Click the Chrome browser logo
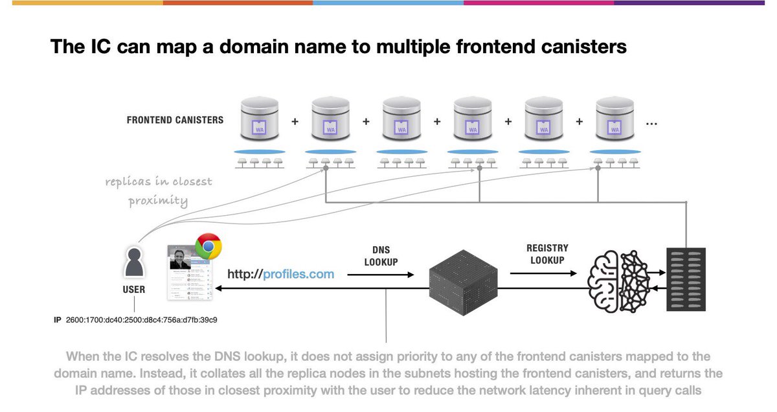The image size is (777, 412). (208, 247)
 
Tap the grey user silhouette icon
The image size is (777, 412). (134, 262)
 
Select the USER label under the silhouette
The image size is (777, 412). (134, 289)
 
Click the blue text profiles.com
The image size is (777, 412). (298, 274)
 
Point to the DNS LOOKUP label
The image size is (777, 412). (381, 256)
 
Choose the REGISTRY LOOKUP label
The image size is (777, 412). (547, 254)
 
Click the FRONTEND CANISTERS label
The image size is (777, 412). (175, 120)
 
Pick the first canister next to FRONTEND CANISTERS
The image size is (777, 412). (260, 120)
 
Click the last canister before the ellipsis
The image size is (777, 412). (614, 120)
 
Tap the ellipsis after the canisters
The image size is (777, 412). (652, 122)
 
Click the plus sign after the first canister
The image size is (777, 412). (295, 120)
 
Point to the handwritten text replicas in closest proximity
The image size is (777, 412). (158, 191)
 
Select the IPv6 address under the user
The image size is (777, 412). (141, 320)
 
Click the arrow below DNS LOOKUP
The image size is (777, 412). (381, 275)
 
